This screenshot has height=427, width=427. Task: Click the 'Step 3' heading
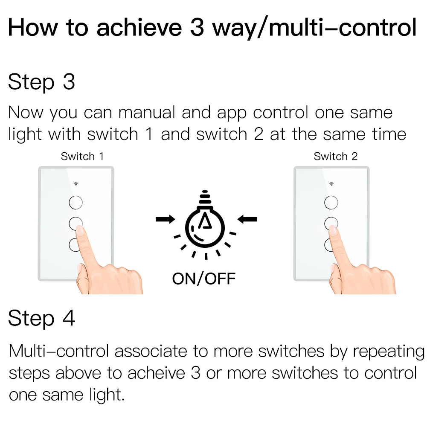[41, 82]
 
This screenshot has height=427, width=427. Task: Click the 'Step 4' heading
[41, 319]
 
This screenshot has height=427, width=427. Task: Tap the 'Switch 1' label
[82, 156]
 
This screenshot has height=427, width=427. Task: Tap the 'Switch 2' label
[335, 156]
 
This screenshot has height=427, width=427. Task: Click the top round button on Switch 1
[76, 202]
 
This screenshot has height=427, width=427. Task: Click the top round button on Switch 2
[331, 202]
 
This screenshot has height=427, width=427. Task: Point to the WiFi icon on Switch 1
[76, 184]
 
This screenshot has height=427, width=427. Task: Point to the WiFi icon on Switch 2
[331, 184]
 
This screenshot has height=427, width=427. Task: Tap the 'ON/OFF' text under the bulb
[204, 279]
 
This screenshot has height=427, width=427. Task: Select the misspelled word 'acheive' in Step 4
[156, 373]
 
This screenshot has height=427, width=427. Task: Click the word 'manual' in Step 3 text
[147, 113]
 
